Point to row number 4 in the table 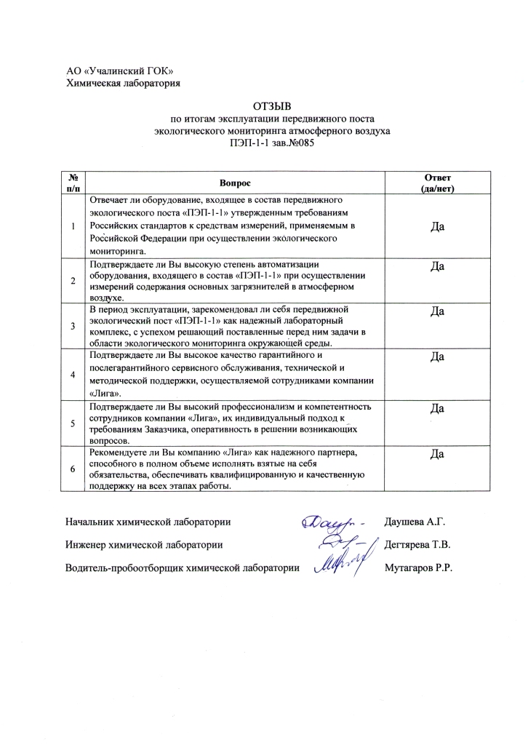(73, 375)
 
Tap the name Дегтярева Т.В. (417, 545)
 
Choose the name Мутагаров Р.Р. (418, 568)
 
